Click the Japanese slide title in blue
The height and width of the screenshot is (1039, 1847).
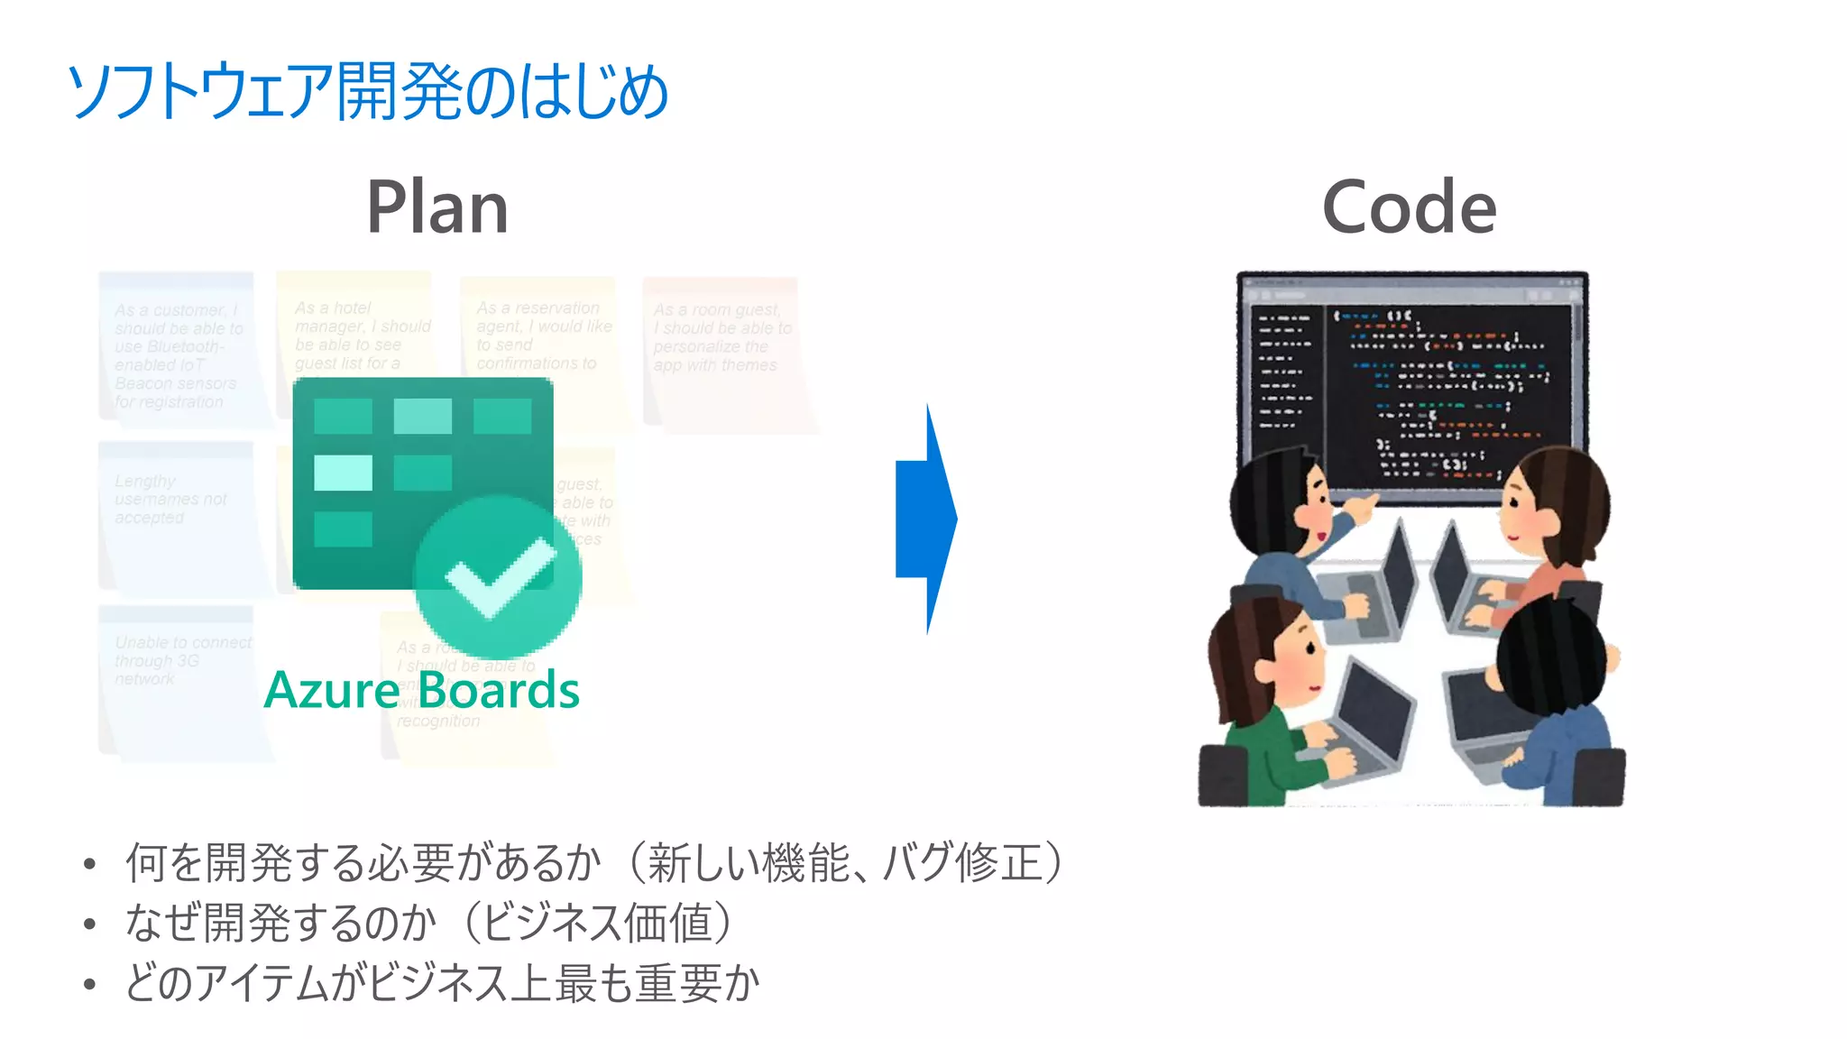pos(368,91)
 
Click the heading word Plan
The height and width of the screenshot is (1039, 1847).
pos(437,207)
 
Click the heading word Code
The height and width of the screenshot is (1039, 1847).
pos(1409,207)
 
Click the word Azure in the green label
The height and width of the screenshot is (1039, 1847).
pos(332,691)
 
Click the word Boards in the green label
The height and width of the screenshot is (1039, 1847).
pos(499,691)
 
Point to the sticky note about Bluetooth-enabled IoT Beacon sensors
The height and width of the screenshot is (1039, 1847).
pos(177,352)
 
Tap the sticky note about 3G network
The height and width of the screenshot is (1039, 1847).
pos(180,676)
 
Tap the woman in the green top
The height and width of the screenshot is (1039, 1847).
pos(1272,713)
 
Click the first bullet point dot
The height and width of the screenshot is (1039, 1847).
pos(89,865)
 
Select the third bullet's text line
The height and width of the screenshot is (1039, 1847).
pos(442,982)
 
